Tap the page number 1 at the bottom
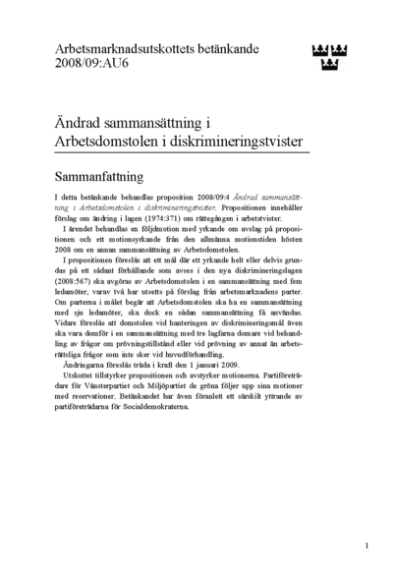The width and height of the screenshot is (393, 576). click(x=365, y=544)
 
